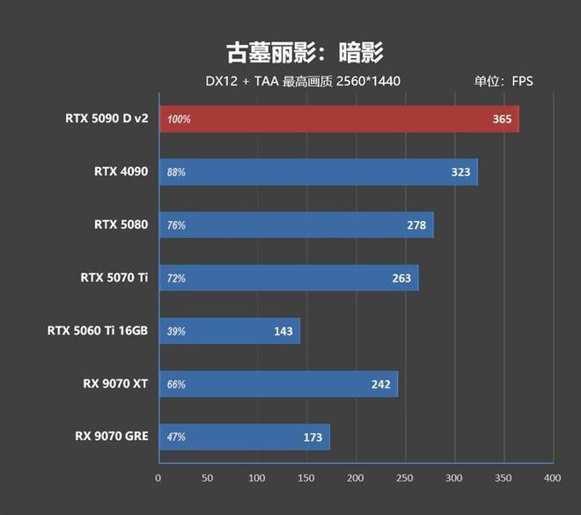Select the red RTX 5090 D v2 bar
point(339,119)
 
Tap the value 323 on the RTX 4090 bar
point(460,173)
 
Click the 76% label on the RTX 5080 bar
point(176,225)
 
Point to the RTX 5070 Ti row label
point(114,278)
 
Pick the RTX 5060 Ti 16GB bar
point(229,331)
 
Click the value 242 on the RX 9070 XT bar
point(380,384)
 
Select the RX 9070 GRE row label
point(112,436)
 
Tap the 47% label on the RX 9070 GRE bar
point(176,437)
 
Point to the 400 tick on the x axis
point(552,477)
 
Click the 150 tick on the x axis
point(305,477)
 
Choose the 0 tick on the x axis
point(158,477)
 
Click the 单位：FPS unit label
point(504,82)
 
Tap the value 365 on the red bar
point(502,119)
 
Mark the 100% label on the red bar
point(179,120)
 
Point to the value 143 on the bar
point(283,331)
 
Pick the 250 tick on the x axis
point(404,477)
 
